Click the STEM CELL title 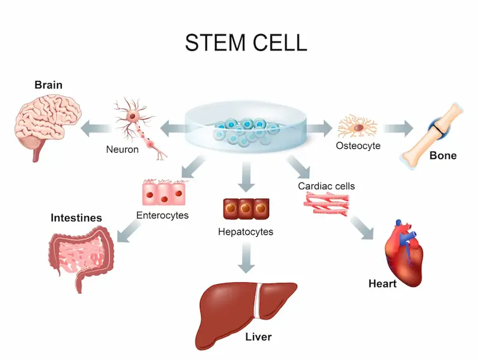coord(246,43)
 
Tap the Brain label coord(48,85)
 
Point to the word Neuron coord(122,150)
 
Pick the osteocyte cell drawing coord(357,127)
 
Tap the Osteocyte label coord(358,146)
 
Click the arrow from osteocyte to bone coord(398,128)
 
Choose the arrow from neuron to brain coord(95,128)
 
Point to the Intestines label coord(76,218)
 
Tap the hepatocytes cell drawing coord(246,208)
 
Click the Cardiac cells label coord(326,186)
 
